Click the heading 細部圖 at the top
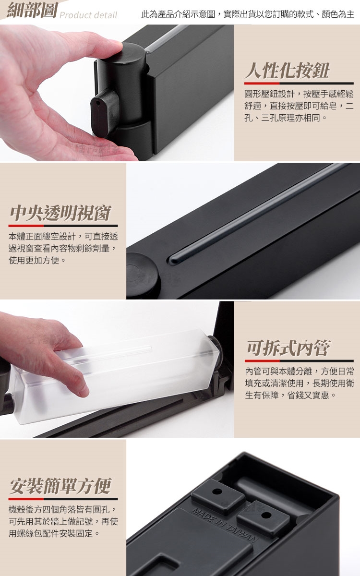click(32, 10)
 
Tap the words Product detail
click(88, 15)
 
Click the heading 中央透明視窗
click(60, 213)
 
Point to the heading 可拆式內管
click(288, 348)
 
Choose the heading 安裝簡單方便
click(60, 486)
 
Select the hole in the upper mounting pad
click(217, 492)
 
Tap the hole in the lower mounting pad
click(266, 515)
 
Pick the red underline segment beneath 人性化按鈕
click(262, 84)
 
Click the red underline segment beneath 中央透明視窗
click(26, 226)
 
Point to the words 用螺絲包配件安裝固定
click(51, 533)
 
